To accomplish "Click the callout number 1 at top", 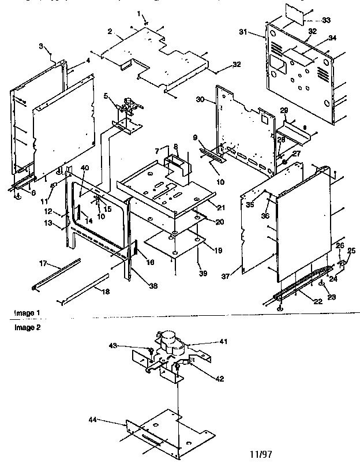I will (x=138, y=13).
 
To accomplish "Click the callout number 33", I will (x=327, y=21).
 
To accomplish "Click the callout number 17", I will (x=42, y=263).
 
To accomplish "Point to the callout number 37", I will (x=226, y=277).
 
